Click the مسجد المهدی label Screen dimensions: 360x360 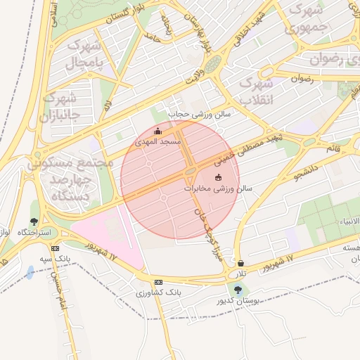(x=159, y=141)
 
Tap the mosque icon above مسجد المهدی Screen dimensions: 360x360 (x=157, y=131)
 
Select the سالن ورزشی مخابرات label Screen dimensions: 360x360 (x=219, y=188)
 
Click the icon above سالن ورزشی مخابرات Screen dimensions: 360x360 (x=218, y=178)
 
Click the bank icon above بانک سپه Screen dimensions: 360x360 (x=56, y=247)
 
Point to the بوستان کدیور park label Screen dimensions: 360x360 (x=240, y=300)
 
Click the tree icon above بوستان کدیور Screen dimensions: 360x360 (x=238, y=289)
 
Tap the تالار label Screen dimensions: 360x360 (x=242, y=273)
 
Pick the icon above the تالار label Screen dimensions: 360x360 (x=241, y=263)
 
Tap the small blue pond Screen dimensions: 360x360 (x=30, y=272)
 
